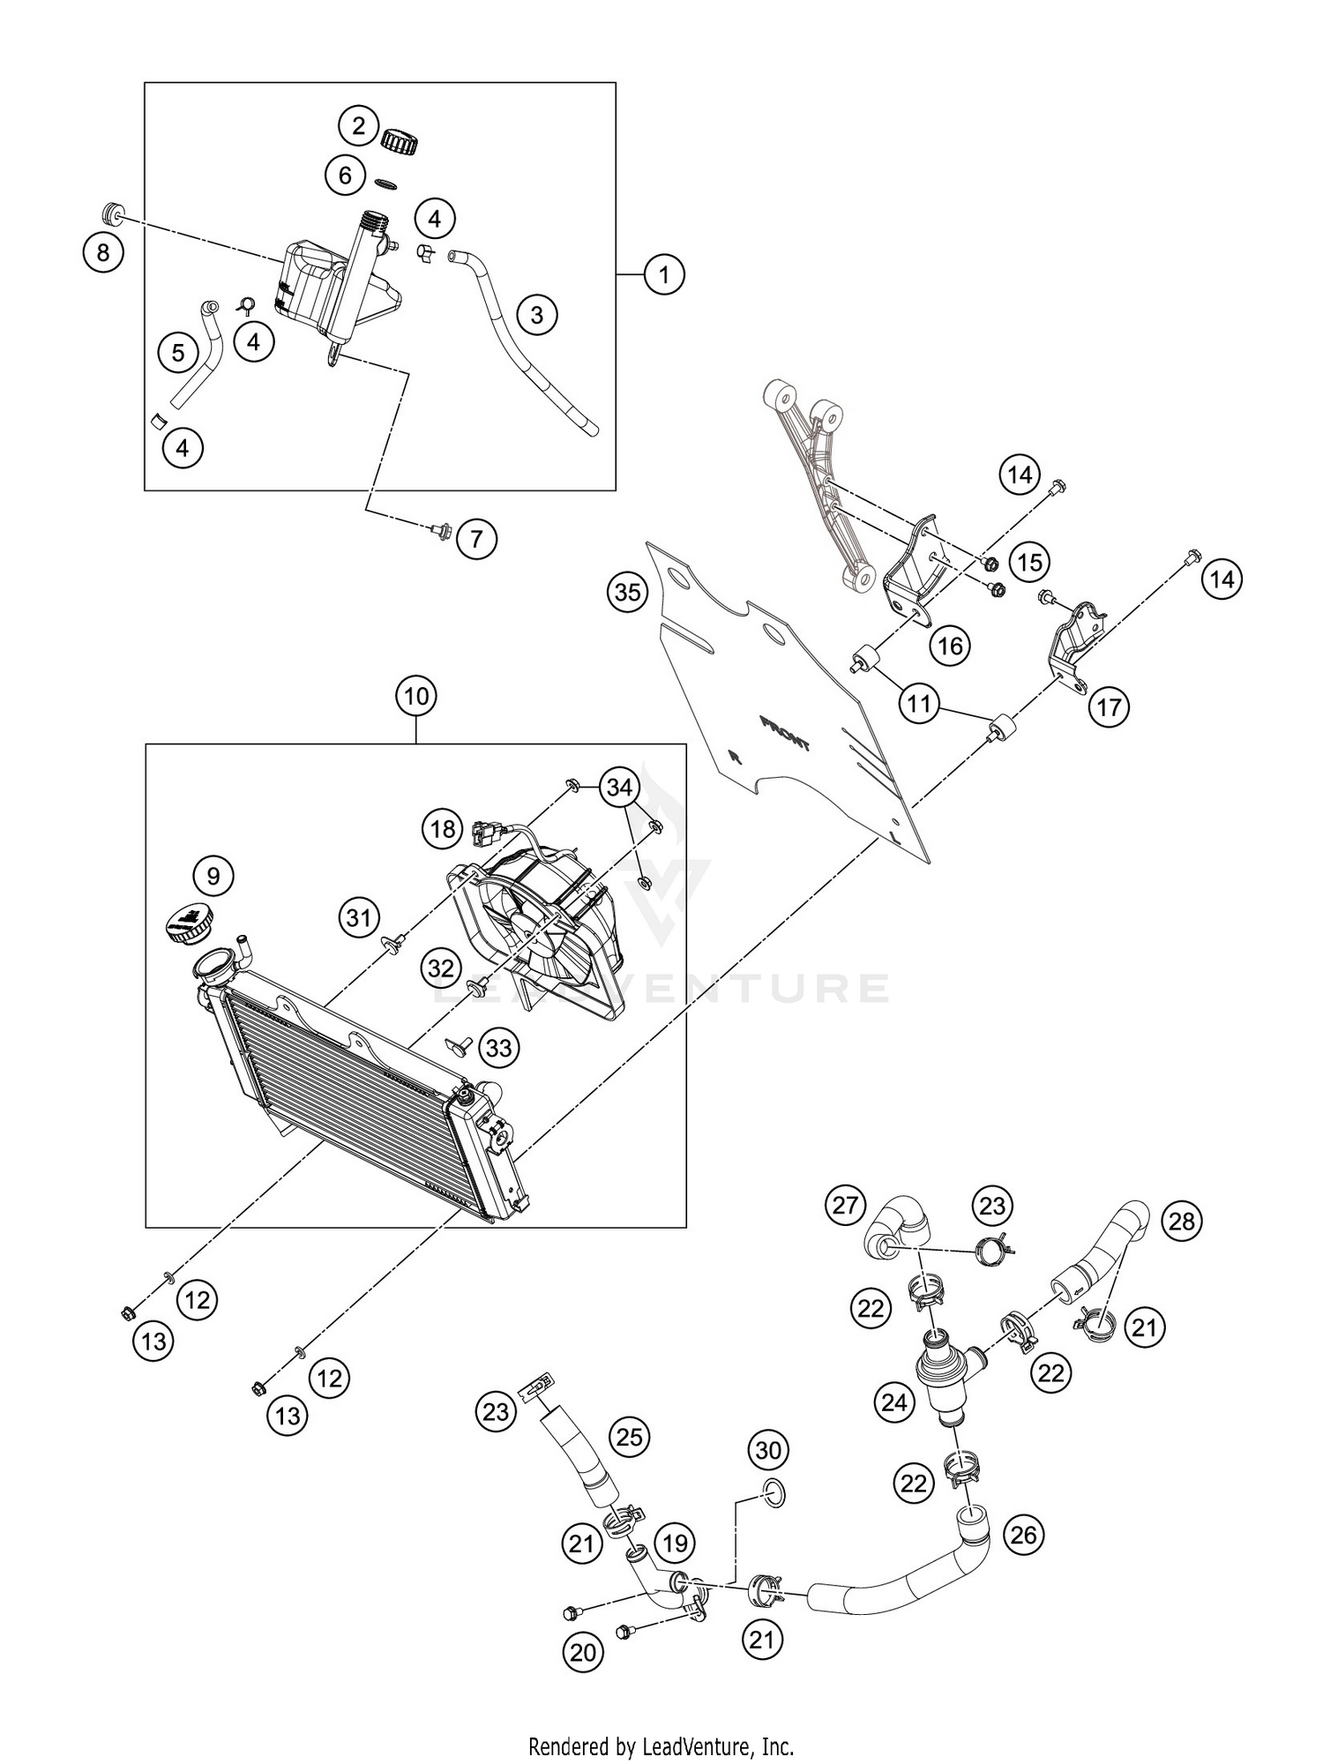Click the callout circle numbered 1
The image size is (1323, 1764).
pos(663,275)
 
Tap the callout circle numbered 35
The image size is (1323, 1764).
pos(627,592)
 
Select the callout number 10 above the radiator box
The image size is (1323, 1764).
pos(416,697)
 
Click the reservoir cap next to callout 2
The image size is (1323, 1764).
pos(400,139)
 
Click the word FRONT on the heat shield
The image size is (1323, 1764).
pos(784,733)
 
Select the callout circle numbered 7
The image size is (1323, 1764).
pos(476,537)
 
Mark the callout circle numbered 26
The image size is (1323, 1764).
pos(1023,1535)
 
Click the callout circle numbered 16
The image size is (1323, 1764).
pos(950,646)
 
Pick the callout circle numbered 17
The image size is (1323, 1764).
pos(1109,706)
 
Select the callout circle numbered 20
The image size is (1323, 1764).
pos(583,1654)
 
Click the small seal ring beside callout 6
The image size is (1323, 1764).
pos(385,182)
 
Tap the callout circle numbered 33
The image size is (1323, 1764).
pos(498,1048)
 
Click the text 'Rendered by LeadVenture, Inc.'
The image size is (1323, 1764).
pos(661,1745)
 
